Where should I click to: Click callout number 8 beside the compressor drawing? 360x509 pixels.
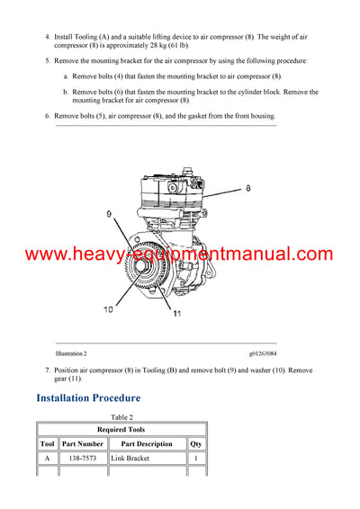pyautogui.click(x=248, y=190)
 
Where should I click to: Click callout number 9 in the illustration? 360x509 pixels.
pyautogui.click(x=109, y=215)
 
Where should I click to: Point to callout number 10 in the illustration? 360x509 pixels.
pyautogui.click(x=109, y=309)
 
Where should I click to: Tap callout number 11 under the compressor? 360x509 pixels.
pyautogui.click(x=176, y=314)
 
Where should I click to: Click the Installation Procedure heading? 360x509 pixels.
pyautogui.click(x=88, y=397)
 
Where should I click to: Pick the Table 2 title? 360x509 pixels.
pyautogui.click(x=121, y=417)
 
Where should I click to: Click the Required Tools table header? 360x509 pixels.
pyautogui.click(x=121, y=430)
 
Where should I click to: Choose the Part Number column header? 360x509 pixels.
pyautogui.click(x=83, y=444)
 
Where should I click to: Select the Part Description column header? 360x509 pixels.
pyautogui.click(x=147, y=444)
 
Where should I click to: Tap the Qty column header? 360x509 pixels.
pyautogui.click(x=196, y=444)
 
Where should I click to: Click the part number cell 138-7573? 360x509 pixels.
pyautogui.click(x=83, y=459)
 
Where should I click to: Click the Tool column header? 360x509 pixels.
pyautogui.click(x=48, y=444)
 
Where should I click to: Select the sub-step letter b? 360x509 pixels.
pyautogui.click(x=66, y=92)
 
